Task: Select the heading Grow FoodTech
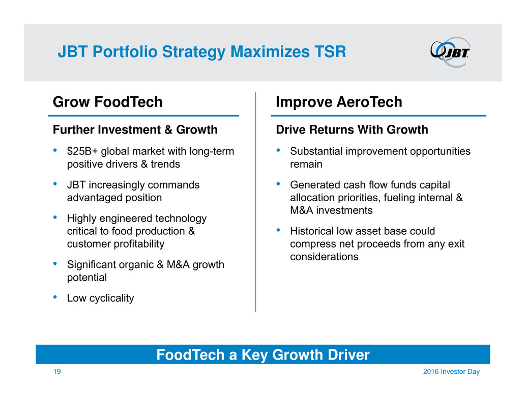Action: pos(108,102)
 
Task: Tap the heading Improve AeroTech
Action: pos(339,102)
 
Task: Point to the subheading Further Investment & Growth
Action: pos(135,130)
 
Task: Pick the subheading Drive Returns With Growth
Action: pos(352,130)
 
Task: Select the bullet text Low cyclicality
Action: pos(101,298)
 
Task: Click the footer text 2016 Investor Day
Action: pos(451,372)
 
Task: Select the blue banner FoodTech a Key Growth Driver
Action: pos(262,355)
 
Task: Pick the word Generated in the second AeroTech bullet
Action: pos(312,185)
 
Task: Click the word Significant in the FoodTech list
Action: pos(92,264)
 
